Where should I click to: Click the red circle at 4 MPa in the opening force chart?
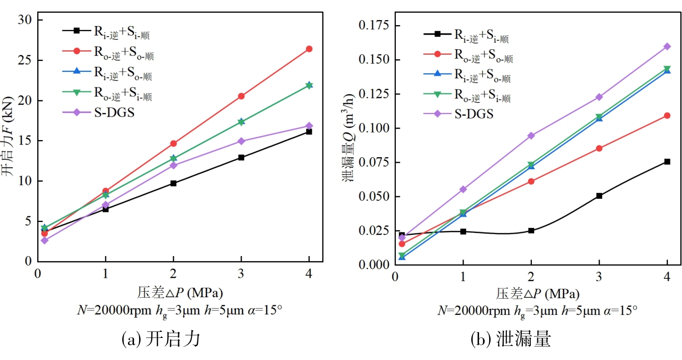309,49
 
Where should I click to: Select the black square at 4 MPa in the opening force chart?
309,132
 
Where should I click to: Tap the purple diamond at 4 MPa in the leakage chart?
667,46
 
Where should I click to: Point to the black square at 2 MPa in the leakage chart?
531,230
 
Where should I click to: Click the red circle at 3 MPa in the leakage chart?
599,148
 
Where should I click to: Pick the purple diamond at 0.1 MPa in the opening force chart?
45,241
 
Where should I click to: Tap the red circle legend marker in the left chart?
77,51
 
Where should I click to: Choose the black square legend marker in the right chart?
437,34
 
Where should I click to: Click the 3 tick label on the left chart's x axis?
241,273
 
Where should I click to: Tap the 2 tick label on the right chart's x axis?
531,276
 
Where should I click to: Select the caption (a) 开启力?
161,339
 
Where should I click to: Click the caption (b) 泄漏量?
510,339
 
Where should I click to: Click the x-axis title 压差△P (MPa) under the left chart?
180,292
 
